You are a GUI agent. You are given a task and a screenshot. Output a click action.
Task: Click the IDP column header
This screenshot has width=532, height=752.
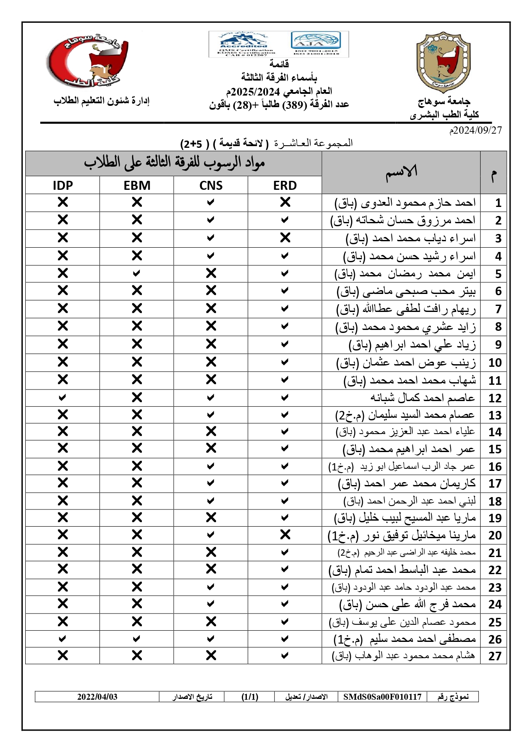point(63,186)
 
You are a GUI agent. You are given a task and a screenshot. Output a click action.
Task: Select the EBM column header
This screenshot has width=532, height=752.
point(137,186)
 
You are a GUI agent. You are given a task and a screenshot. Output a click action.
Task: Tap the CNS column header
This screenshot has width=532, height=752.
point(211,186)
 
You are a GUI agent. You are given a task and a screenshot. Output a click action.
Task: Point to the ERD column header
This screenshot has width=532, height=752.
point(285,186)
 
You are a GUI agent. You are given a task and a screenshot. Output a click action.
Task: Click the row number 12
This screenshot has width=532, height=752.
point(495,398)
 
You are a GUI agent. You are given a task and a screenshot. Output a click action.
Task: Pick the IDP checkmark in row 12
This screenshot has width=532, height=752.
point(63,398)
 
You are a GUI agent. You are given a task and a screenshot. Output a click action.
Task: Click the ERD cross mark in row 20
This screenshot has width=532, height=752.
point(285,535)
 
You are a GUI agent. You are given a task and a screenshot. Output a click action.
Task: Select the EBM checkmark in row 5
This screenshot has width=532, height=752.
point(137,273)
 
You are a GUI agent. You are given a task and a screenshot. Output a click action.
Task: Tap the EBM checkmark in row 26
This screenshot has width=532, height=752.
point(137,639)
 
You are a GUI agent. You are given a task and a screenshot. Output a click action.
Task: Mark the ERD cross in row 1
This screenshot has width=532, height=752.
point(285,202)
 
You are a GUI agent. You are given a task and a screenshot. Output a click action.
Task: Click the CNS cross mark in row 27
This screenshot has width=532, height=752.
point(211,655)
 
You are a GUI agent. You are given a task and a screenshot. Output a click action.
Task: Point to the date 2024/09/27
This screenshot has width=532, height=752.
point(475,130)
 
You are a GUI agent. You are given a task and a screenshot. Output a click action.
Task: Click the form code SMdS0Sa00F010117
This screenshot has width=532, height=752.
point(382,697)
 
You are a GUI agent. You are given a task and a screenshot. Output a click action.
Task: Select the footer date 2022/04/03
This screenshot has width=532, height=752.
point(97,697)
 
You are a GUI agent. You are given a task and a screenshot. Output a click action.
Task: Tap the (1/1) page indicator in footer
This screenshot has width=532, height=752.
point(249,697)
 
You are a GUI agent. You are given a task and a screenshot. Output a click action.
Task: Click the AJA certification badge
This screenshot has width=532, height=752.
point(316,44)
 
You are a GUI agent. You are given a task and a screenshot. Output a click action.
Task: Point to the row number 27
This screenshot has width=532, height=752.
point(495,656)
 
